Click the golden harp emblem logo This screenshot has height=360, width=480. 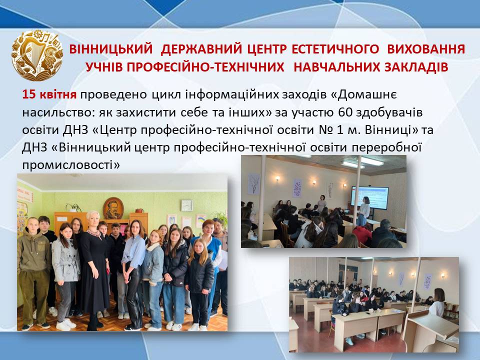(x=37, y=55)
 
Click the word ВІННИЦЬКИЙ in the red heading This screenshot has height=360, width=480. (x=111, y=49)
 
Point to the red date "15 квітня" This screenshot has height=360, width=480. (x=49, y=95)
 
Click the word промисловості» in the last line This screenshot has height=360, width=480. (x=71, y=165)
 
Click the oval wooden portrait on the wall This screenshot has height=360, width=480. (x=113, y=208)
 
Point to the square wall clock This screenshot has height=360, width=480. (x=186, y=205)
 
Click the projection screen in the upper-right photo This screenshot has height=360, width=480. (x=369, y=198)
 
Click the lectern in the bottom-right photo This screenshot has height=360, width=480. (x=430, y=332)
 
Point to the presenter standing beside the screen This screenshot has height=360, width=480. (x=364, y=210)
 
